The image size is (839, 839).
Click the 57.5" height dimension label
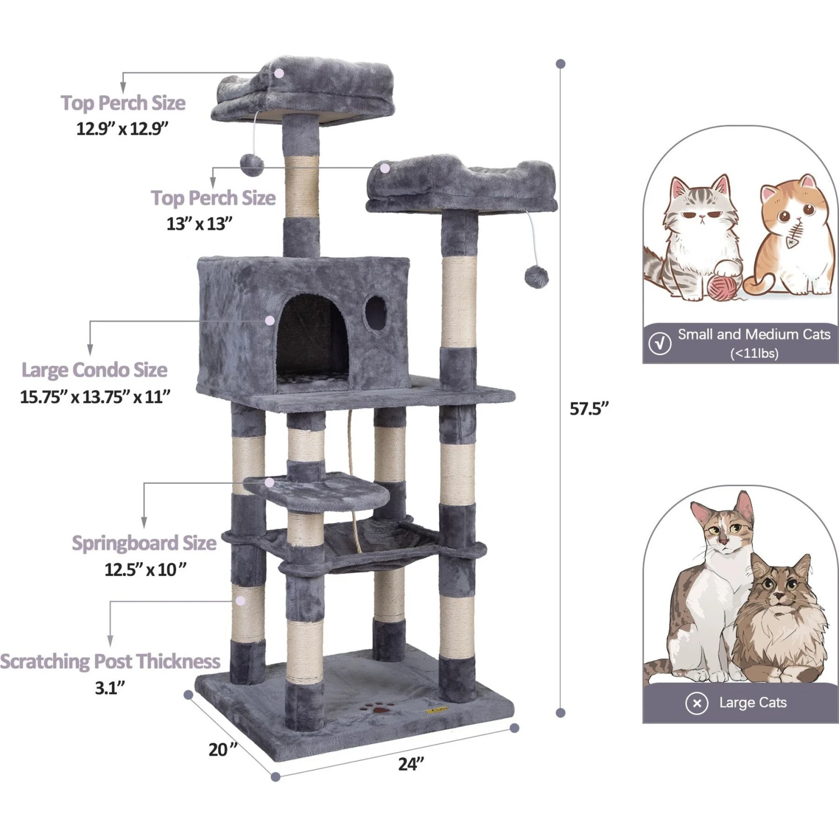[588, 409]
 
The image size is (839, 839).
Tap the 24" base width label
[411, 763]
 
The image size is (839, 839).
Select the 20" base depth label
[223, 749]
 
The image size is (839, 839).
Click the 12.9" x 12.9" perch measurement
[122, 129]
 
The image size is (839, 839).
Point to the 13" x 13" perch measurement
[199, 224]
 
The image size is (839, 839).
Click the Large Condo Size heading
[94, 370]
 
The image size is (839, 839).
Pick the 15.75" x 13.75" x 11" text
[95, 397]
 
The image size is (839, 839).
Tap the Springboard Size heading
[144, 543]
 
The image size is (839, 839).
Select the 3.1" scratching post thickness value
[110, 687]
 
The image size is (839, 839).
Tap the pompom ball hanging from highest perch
[252, 165]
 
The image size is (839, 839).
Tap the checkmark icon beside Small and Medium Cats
[660, 343]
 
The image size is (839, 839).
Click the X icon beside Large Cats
[697, 703]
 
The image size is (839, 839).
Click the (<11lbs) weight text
[754, 353]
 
